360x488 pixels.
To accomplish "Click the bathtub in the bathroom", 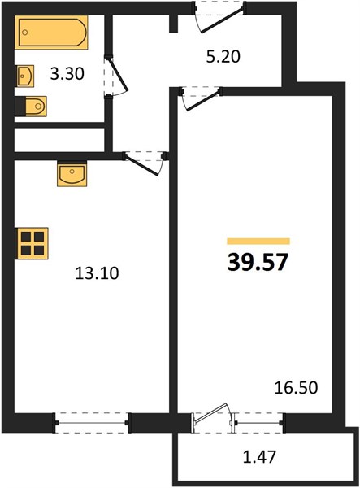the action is pos(51,32).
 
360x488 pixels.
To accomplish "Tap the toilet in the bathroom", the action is pos(31,107).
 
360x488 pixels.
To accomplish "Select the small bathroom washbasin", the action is pos(24,76).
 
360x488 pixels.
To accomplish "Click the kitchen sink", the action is pos(72,173).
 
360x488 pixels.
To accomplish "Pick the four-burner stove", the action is pos(32,243).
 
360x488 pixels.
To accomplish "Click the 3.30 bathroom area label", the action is pos(67,74).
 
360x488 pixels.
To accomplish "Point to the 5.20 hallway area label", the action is pos(223,57).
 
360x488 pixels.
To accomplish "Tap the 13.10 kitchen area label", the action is pos(97,273).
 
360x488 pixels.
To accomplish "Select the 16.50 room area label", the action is pos(296,388).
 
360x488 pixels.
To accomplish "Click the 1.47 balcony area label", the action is pos(259,457).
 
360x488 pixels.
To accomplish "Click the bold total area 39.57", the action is pos(258,262).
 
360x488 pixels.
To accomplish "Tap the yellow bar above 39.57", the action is pos(258,242).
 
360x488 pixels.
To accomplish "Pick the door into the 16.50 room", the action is pos(202,98).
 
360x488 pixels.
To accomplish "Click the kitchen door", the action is pos(145,163).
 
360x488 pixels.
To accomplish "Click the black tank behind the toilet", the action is pos(20,107).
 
